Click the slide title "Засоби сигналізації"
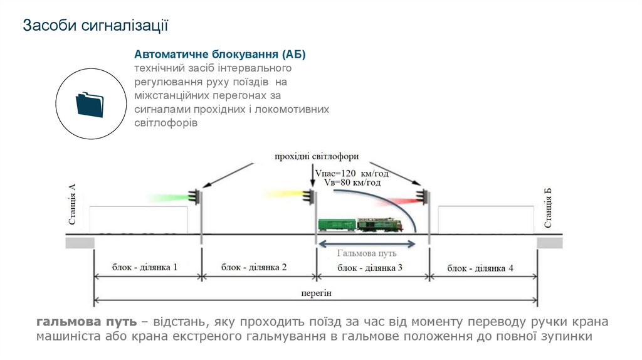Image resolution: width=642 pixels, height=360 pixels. (96, 26)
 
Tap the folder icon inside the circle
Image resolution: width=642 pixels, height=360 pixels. (89, 104)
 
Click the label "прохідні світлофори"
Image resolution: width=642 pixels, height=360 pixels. (317, 156)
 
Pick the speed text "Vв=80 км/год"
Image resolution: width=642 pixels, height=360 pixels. (352, 183)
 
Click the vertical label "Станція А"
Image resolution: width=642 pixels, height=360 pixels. (72, 204)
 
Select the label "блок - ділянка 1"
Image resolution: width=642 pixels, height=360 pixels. (145, 267)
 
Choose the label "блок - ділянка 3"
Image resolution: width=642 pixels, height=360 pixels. (370, 268)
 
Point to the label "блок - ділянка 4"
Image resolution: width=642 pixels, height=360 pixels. (480, 268)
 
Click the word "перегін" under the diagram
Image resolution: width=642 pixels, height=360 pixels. (315, 293)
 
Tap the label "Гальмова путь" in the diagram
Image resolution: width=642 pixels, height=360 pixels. (367, 254)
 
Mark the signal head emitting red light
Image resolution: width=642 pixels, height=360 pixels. (424, 197)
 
